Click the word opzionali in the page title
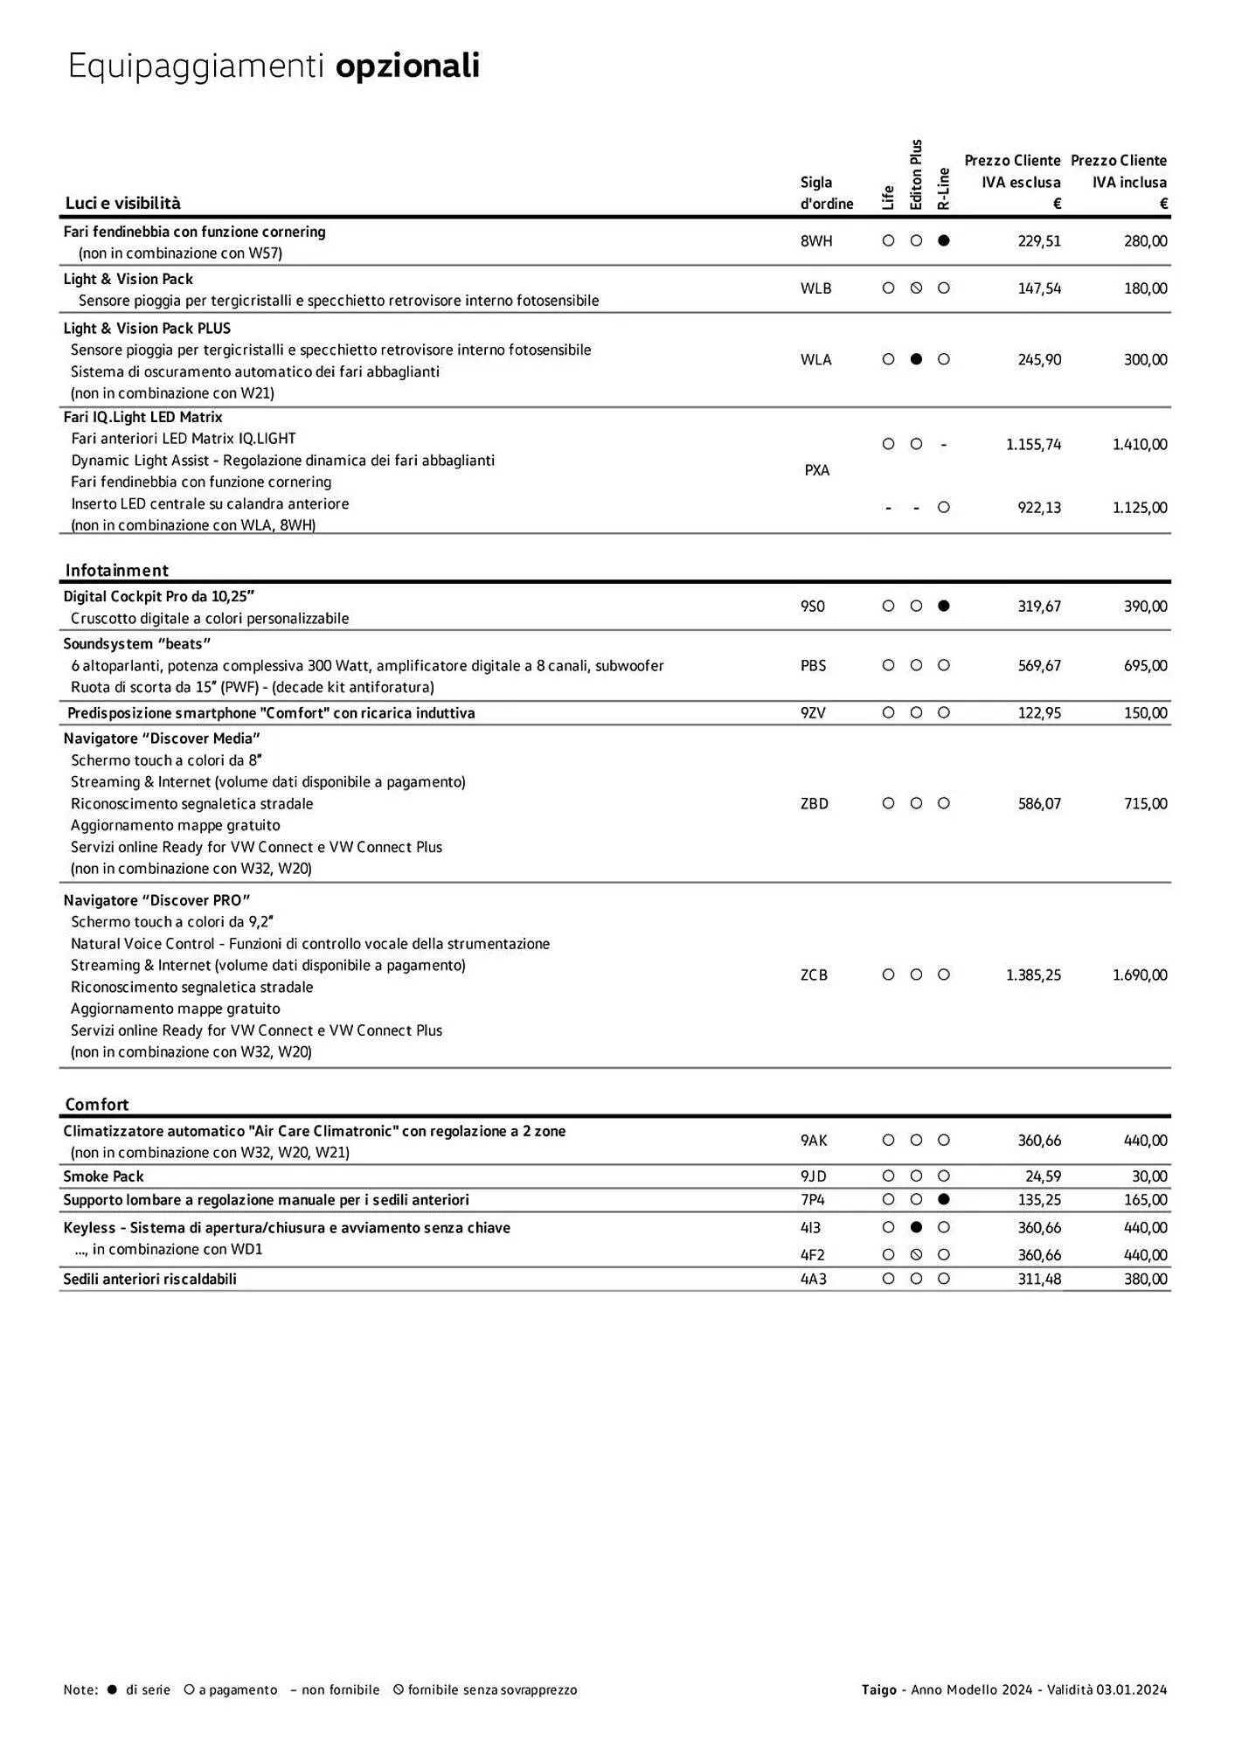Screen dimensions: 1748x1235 (x=407, y=66)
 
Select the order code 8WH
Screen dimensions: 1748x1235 (x=815, y=241)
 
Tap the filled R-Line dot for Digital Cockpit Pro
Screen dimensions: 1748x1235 (x=943, y=606)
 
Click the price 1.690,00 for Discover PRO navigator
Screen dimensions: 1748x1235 (x=1139, y=975)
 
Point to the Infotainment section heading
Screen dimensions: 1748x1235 (x=116, y=570)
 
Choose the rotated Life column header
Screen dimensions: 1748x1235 (x=888, y=198)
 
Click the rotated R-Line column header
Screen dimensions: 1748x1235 (x=943, y=189)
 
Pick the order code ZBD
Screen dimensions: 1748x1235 (x=814, y=803)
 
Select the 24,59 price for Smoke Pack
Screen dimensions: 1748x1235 (x=1043, y=1176)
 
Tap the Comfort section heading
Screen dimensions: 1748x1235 (x=97, y=1104)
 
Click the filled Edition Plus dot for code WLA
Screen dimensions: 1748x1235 (x=916, y=359)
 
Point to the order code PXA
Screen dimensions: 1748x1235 (x=816, y=470)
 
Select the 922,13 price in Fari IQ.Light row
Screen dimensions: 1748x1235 (x=1039, y=507)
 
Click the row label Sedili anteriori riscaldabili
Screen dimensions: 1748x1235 (x=150, y=1279)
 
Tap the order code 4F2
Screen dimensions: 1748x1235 (x=812, y=1255)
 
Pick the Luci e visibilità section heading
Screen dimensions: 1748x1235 (x=123, y=203)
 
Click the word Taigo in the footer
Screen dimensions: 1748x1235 (x=878, y=1689)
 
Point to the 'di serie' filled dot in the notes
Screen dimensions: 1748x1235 (x=111, y=1689)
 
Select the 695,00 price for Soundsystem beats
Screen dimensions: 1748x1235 (x=1145, y=665)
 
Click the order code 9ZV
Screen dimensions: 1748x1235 (x=812, y=713)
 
